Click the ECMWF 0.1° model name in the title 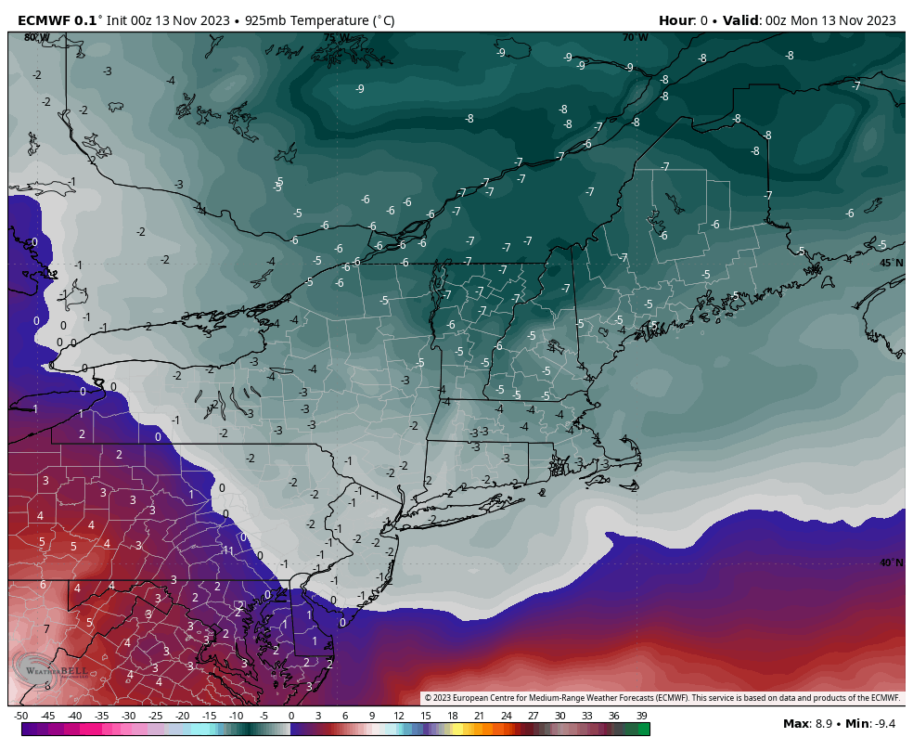click(x=57, y=20)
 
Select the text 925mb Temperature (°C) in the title click(x=319, y=20)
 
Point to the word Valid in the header click(x=742, y=20)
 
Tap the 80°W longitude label click(x=37, y=38)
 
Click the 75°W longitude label click(x=337, y=38)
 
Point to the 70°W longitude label click(x=636, y=38)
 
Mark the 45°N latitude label click(x=891, y=264)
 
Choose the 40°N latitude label click(x=891, y=562)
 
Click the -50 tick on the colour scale click(x=21, y=716)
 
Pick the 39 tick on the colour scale click(x=641, y=716)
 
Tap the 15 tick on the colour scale click(x=426, y=716)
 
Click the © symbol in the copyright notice click(x=429, y=698)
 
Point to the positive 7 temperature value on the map click(x=46, y=629)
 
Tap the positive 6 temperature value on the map click(x=43, y=585)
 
